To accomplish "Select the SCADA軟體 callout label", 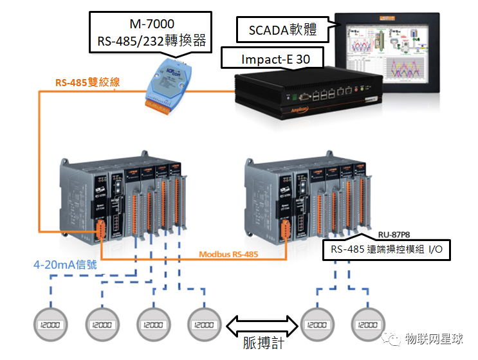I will [283, 29].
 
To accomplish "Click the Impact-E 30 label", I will [275, 59].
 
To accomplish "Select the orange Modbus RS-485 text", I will [228, 254].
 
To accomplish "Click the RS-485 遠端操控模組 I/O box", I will [387, 250].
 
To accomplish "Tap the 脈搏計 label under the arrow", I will [263, 343].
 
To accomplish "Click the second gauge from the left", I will [102, 325].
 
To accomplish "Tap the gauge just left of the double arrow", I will [204, 325].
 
